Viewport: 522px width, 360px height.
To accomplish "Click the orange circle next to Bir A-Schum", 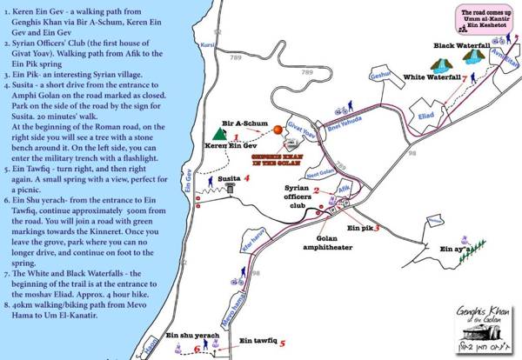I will coord(278,130).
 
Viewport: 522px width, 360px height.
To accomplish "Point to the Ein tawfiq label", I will coord(258,341).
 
